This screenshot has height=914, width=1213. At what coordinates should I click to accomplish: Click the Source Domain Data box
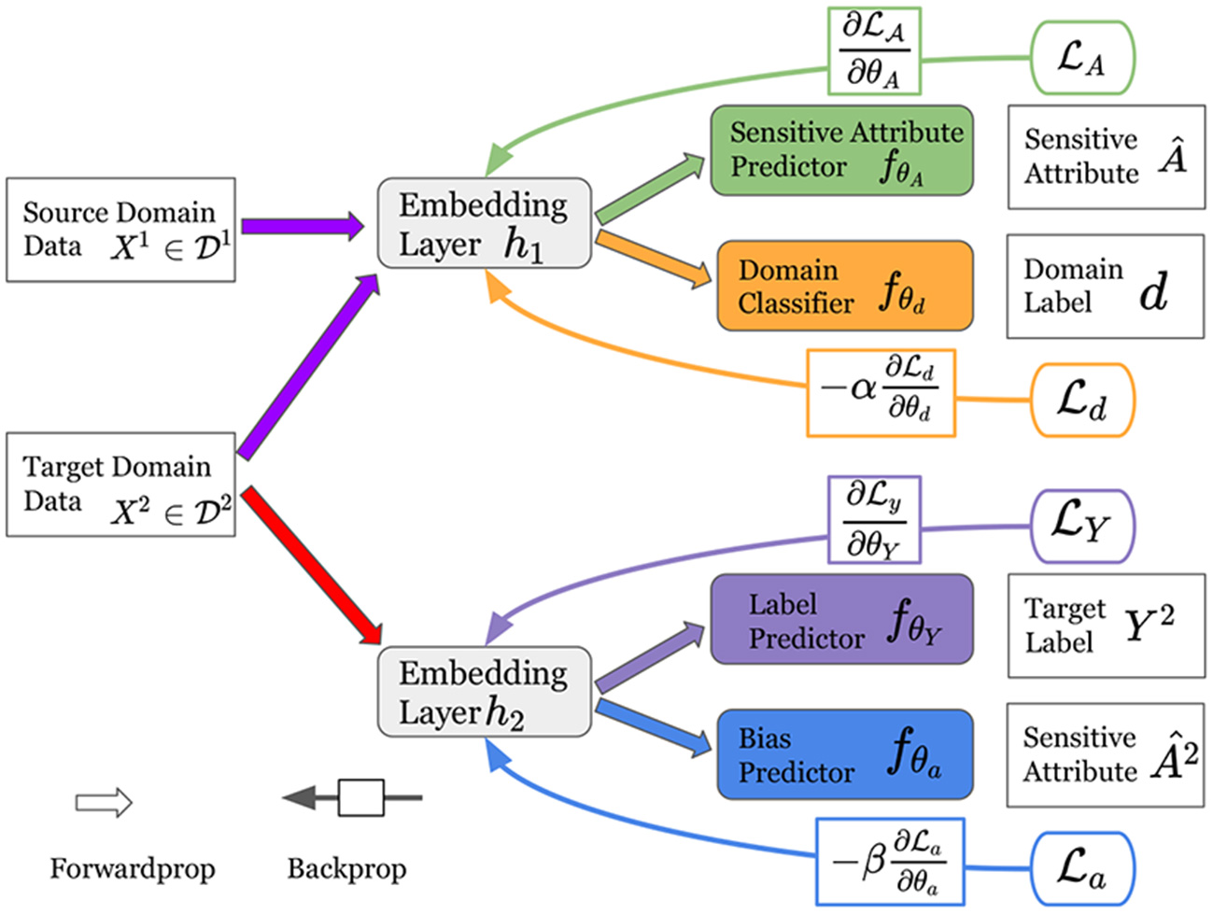[x=120, y=230]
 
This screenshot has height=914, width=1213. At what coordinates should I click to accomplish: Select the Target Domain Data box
[x=120, y=485]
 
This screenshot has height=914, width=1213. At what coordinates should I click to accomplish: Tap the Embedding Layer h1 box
[x=484, y=224]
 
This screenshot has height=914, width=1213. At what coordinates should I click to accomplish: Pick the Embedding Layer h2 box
[x=484, y=692]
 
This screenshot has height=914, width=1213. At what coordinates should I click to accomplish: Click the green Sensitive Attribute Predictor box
[x=841, y=150]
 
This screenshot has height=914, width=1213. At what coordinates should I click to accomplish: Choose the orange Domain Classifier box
[x=844, y=286]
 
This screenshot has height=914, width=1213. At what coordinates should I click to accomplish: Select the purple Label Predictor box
[x=841, y=620]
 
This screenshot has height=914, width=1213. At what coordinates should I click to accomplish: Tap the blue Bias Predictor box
[x=844, y=754]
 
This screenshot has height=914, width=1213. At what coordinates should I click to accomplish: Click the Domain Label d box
[x=1105, y=287]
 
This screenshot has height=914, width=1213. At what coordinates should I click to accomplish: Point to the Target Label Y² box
[x=1106, y=626]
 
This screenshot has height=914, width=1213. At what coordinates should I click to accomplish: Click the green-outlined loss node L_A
[x=1082, y=59]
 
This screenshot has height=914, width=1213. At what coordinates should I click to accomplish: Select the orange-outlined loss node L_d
[x=1082, y=401]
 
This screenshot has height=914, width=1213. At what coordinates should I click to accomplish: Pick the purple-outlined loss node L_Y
[x=1082, y=526]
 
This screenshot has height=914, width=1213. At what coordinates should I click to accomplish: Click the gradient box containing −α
[x=881, y=394]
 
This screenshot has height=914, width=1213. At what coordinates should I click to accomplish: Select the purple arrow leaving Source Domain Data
[x=302, y=226]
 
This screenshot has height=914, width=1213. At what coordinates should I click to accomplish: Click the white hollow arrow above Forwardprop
[x=104, y=802]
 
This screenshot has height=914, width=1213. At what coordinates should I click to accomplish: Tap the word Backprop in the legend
[x=346, y=869]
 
